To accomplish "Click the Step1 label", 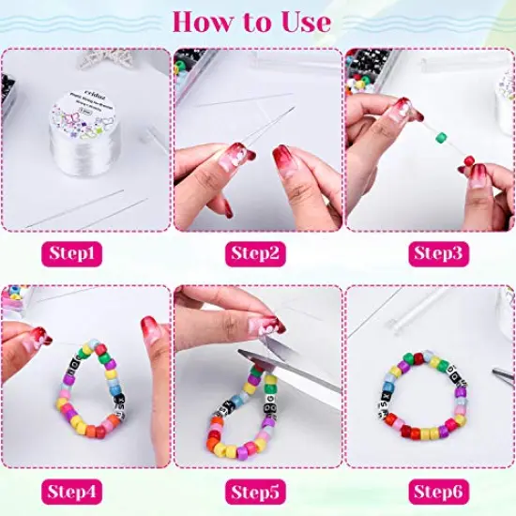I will point(85,253).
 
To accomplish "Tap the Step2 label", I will point(257,253).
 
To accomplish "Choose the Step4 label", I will point(85,490).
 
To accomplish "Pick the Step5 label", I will point(257,490).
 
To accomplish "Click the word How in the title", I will point(204,21).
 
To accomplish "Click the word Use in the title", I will point(305,21).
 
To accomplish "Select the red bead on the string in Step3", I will point(468,162).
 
